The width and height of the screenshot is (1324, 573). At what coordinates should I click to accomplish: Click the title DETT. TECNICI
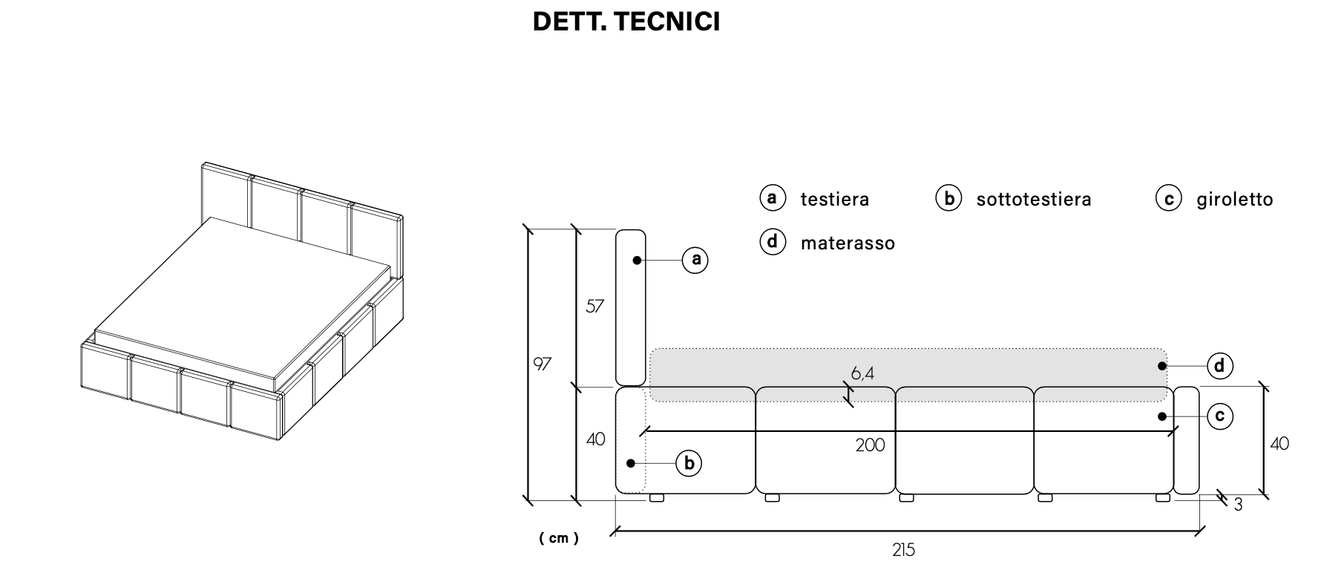point(626,22)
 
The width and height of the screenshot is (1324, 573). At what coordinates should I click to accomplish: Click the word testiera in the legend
point(834,200)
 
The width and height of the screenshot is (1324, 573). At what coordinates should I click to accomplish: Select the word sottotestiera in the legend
point(1033,200)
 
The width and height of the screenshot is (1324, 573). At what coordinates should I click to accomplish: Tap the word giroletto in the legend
point(1234,200)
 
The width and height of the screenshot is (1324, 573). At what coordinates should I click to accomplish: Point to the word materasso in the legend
point(848,243)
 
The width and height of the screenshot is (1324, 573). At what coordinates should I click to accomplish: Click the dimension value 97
point(543,364)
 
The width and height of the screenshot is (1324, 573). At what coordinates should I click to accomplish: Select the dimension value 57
point(594,306)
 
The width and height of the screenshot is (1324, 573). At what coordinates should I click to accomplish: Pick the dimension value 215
point(903,550)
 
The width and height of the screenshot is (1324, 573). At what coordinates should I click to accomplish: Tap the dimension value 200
point(870,445)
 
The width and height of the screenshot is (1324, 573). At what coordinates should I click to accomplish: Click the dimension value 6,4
point(862,373)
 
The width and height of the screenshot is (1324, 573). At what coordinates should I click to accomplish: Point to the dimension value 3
point(1238,505)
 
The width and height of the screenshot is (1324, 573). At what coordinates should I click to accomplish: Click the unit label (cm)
point(559,538)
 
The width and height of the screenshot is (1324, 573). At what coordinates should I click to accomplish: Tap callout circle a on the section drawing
point(695,260)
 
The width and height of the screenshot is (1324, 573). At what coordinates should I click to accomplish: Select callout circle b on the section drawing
point(689,464)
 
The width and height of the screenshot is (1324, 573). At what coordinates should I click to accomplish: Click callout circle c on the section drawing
point(1220,416)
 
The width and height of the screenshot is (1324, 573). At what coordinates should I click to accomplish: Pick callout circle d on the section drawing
point(1220,366)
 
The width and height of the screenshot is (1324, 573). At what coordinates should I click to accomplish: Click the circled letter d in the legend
point(773,242)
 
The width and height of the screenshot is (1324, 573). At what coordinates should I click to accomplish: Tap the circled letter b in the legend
point(948,198)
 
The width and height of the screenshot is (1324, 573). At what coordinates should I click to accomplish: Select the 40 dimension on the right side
point(1279,444)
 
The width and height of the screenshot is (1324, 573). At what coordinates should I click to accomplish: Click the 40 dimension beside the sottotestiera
point(595,439)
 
